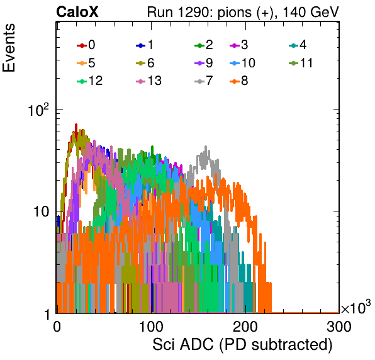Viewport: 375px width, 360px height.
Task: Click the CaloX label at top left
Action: pos(77,12)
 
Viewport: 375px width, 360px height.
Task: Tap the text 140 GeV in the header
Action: pos(311,12)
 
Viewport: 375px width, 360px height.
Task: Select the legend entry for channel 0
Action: pos(86,45)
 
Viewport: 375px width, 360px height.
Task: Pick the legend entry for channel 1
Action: pos(145,45)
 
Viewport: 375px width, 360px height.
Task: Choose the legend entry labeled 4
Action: pos(298,45)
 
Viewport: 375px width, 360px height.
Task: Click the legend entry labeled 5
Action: pos(86,63)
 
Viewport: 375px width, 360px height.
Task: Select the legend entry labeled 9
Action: pos(203,63)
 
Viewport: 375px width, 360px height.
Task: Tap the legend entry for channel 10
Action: pos(242,63)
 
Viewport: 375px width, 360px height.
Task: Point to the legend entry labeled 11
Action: pos(300,63)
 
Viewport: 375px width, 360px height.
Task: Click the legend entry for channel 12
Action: pos(90,81)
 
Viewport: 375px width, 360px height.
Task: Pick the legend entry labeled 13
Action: pos(148,81)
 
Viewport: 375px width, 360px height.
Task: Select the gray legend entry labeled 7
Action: pos(203,81)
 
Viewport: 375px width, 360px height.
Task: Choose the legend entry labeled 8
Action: pos(238,81)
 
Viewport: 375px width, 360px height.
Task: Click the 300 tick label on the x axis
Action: pos(339,327)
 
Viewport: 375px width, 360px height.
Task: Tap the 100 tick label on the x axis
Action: pos(151,327)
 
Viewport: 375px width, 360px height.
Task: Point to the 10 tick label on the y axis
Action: pos(41,211)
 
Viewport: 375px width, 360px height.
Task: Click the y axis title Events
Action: pos(9,48)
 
